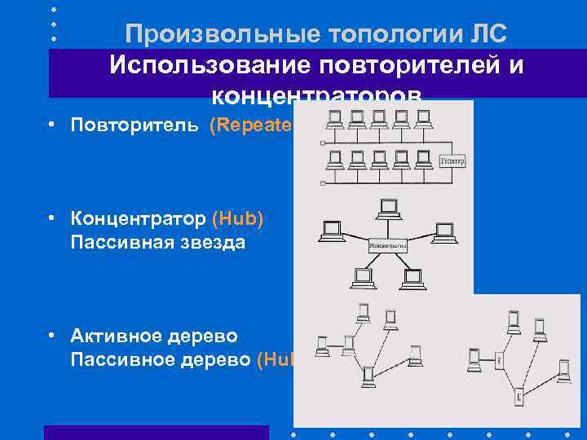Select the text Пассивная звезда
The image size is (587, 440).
(x=157, y=242)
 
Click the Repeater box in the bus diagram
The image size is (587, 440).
(x=452, y=161)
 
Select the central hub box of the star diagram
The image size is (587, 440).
(x=388, y=244)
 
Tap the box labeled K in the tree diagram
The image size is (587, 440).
(x=519, y=397)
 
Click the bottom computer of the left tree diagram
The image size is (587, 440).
(x=369, y=376)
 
